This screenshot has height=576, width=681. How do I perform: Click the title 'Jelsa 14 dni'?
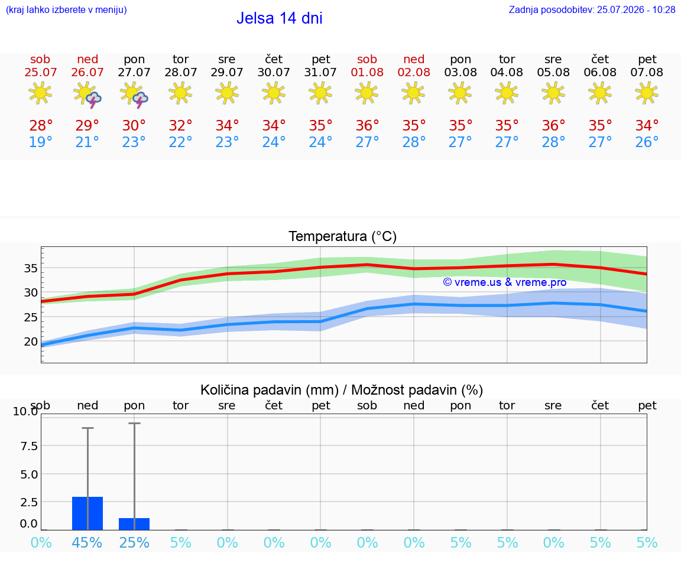tap(279, 18)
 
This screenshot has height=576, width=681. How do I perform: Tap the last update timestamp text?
tap(592, 9)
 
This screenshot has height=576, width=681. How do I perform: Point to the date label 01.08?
tap(367, 72)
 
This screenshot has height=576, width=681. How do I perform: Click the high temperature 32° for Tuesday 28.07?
tap(181, 125)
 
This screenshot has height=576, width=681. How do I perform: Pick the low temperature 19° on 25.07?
tap(40, 142)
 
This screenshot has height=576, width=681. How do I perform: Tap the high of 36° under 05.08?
tap(553, 125)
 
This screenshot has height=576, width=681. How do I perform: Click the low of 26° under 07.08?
tap(647, 142)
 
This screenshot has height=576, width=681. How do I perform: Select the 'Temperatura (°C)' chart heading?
tap(343, 236)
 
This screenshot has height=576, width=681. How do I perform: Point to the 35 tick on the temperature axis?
tap(31, 268)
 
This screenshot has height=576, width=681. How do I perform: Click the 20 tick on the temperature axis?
tap(31, 341)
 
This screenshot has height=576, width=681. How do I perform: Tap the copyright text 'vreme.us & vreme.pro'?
tap(505, 282)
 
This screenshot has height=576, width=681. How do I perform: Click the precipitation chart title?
tap(342, 390)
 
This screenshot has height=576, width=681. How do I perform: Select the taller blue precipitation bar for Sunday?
tap(87, 513)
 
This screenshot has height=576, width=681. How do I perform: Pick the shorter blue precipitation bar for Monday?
tap(134, 524)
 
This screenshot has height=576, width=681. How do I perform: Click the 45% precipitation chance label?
tap(87, 542)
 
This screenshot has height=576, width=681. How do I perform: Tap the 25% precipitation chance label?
tap(134, 542)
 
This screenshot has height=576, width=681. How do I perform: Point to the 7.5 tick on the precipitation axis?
tap(29, 446)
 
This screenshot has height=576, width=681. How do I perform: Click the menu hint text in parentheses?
tap(66, 9)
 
